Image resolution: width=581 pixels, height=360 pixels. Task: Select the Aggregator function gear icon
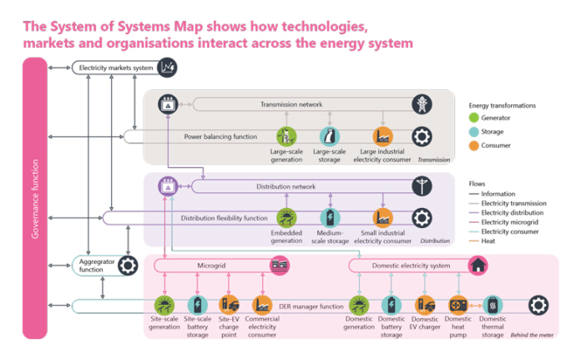(129, 266)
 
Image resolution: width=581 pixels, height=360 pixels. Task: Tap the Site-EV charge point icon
(229, 305)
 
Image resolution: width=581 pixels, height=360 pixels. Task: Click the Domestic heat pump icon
(457, 305)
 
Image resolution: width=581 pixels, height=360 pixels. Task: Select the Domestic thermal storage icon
(493, 305)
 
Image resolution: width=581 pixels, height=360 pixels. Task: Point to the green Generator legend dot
(475, 118)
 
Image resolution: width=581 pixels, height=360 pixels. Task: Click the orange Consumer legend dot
(475, 145)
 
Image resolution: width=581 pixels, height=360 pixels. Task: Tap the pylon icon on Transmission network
(422, 104)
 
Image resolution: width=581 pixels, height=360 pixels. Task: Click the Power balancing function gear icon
(422, 136)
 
